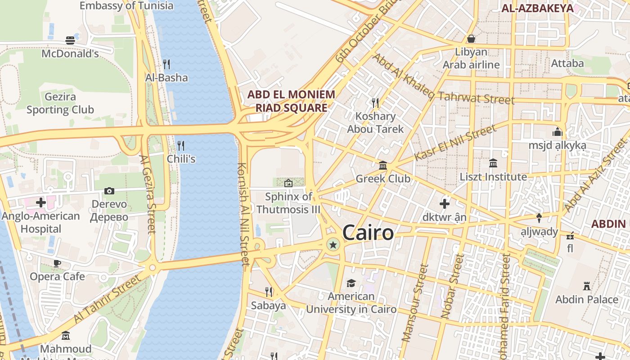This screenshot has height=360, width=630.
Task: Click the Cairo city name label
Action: [368, 233]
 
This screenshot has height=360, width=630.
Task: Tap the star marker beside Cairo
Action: [333, 245]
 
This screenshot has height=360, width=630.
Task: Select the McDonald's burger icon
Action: [70, 40]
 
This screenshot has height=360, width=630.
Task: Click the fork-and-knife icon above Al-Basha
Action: [166, 64]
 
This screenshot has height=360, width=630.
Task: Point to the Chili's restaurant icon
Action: [181, 145]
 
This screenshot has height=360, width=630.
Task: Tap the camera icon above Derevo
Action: [109, 191]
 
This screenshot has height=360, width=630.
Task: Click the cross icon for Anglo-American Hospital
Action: [41, 202]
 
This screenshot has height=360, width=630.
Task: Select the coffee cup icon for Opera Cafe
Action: [57, 263]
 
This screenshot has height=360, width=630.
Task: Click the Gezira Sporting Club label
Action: [60, 103]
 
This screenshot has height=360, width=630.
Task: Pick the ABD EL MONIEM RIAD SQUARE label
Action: [292, 101]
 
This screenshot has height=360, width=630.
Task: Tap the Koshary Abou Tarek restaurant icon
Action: [375, 103]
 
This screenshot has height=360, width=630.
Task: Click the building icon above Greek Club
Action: [383, 165]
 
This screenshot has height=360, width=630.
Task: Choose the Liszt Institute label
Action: [493, 177]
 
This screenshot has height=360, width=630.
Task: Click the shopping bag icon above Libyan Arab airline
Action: [471, 39]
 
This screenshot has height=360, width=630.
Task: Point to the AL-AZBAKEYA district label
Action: [537, 8]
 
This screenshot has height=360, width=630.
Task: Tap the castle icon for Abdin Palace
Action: [587, 286]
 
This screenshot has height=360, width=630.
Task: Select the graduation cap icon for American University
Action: [351, 283]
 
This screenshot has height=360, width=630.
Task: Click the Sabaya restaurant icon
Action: [269, 292]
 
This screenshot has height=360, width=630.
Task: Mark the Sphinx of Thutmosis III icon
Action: [288, 183]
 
